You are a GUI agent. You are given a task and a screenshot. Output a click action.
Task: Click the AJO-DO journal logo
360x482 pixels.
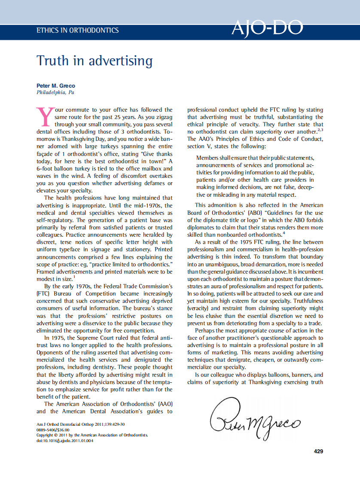[267, 28]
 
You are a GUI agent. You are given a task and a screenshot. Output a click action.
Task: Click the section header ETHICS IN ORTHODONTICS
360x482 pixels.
[78, 31]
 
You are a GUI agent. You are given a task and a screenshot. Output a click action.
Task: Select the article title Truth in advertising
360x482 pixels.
[95, 61]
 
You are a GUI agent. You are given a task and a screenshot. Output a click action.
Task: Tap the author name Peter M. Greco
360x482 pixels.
[56, 86]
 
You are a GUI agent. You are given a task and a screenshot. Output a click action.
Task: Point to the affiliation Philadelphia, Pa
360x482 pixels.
[55, 92]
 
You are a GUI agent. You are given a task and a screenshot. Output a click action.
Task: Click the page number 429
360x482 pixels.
[318, 451]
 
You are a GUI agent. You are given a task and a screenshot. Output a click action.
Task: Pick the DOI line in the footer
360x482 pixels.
[65, 440]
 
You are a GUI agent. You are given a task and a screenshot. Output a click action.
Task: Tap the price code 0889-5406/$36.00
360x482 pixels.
[53, 430]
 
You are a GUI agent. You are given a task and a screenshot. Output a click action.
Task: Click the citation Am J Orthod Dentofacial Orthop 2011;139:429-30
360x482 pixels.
[81, 424]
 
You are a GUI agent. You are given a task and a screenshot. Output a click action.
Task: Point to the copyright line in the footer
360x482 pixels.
[92, 435]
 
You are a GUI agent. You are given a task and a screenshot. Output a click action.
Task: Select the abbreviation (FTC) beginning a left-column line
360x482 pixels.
[43, 293]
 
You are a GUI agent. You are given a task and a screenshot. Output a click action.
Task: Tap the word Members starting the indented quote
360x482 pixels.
[207, 158]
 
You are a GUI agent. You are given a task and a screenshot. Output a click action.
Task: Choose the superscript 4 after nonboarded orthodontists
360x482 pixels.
[284, 233]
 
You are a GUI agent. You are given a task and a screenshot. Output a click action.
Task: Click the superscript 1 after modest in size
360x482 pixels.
[73, 277]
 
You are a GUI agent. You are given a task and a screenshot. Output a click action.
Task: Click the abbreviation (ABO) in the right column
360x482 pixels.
[258, 213]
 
